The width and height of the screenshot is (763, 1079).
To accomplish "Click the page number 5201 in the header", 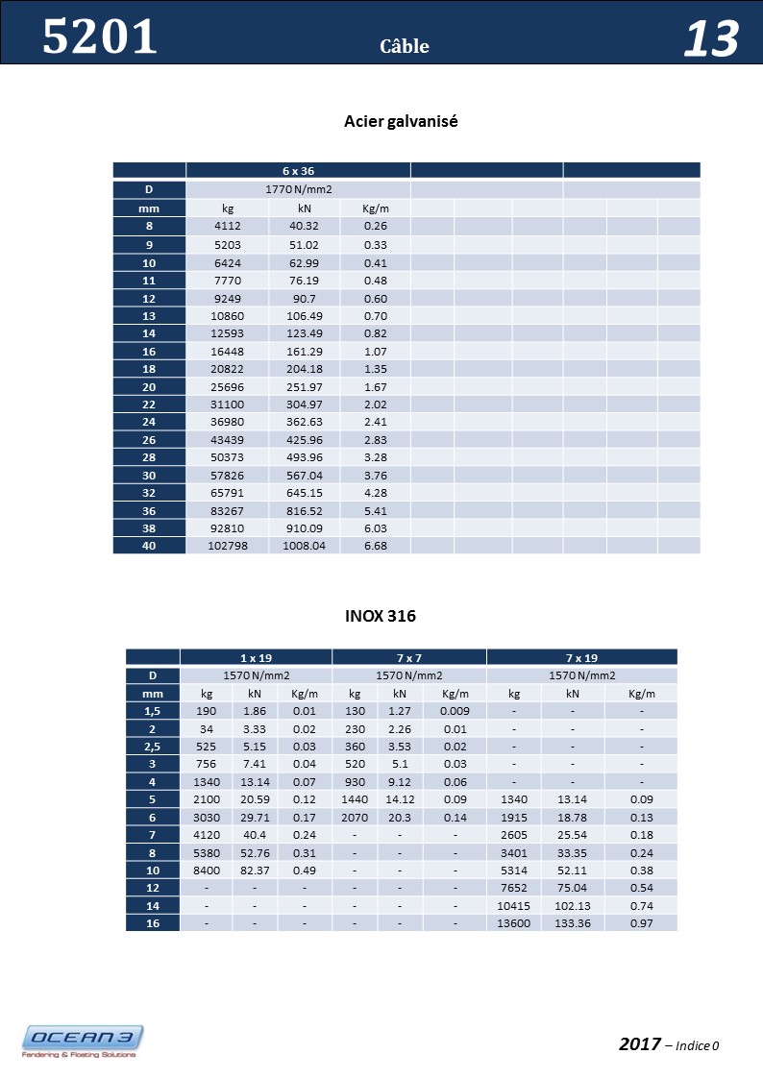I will (100, 37).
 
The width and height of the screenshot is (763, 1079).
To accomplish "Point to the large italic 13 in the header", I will (711, 40).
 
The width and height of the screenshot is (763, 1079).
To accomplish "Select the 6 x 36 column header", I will (298, 170).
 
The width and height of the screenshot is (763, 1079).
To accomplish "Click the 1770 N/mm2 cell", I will (298, 189).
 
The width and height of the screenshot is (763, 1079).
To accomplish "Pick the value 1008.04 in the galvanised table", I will (305, 546).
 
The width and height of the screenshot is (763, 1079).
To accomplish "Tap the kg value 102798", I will (228, 546).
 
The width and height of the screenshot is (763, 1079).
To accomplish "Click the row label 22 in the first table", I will (149, 405).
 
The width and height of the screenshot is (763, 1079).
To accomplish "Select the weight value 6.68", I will (376, 546).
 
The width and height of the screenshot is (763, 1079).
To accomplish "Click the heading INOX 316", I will (381, 615).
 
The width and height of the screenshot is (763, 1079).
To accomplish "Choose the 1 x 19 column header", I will (256, 657).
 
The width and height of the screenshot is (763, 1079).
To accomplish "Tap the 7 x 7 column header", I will (409, 657).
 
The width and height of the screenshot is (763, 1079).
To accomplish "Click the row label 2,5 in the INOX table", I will (152, 747).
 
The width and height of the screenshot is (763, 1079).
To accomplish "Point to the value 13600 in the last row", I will (514, 923).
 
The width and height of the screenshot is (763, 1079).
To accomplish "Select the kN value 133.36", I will (573, 923).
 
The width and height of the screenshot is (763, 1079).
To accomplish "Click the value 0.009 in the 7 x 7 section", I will (455, 711).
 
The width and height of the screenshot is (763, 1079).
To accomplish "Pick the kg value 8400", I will (207, 871).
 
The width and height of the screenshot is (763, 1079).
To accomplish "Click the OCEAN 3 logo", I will (84, 1041).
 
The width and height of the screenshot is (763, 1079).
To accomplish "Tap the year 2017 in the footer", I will (640, 1044).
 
